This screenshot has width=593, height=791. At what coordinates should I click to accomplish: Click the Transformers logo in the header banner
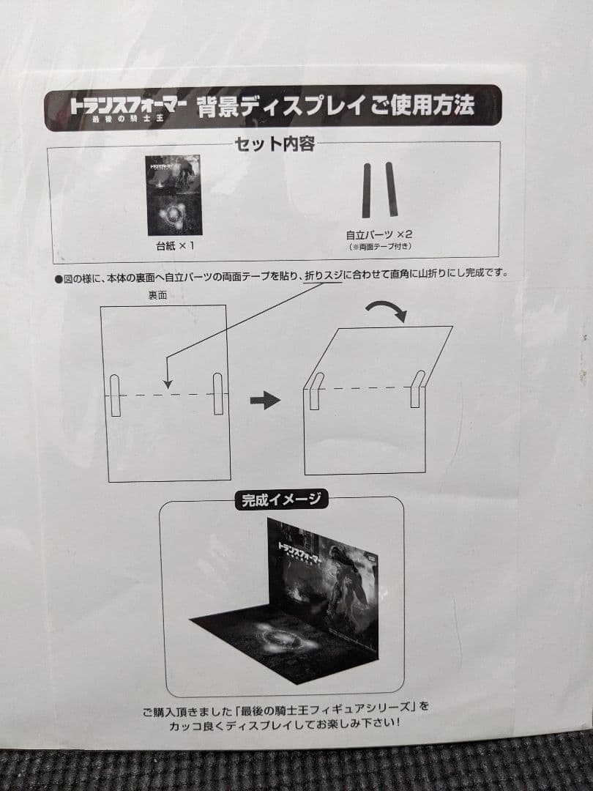129,108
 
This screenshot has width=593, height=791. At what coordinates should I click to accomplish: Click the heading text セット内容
275,144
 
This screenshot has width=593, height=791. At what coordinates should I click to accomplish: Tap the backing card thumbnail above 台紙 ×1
174,195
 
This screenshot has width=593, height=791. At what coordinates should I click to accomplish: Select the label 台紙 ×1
175,246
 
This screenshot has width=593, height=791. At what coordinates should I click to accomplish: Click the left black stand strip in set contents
366,190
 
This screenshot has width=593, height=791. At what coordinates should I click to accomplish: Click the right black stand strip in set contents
392,190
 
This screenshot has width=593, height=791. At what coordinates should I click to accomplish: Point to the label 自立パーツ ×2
379,236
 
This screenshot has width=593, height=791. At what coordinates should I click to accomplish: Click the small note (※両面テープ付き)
379,248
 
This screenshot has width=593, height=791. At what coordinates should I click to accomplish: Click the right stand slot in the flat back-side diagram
218,393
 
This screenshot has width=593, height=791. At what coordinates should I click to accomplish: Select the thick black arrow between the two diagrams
265,400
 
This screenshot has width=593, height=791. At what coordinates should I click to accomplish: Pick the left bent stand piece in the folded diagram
314,390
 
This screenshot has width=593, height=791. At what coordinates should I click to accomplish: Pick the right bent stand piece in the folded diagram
416,389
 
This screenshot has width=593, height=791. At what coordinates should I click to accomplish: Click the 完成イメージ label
282,501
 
